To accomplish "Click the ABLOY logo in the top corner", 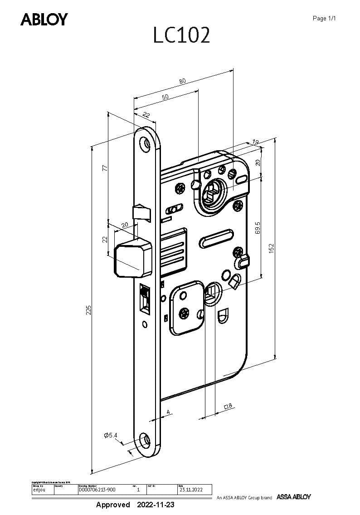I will tap(44, 20).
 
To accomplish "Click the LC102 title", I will tap(181, 35).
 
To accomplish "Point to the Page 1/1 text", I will tap(324, 19).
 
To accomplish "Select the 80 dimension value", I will tap(182, 81).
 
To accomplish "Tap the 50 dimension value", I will tap(165, 97).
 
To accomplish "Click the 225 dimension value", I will tap(89, 310).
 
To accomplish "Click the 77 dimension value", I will tap(104, 168).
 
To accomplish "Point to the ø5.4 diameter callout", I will tap(111, 436).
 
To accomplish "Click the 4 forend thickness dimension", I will tap(168, 412).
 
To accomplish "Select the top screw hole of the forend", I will tap(146, 142).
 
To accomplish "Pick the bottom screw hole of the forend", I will tap(145, 439).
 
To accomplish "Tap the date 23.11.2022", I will tap(188, 490).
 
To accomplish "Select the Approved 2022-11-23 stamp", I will tap(135, 505).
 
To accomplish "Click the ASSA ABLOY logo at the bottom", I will tap(294, 497).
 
